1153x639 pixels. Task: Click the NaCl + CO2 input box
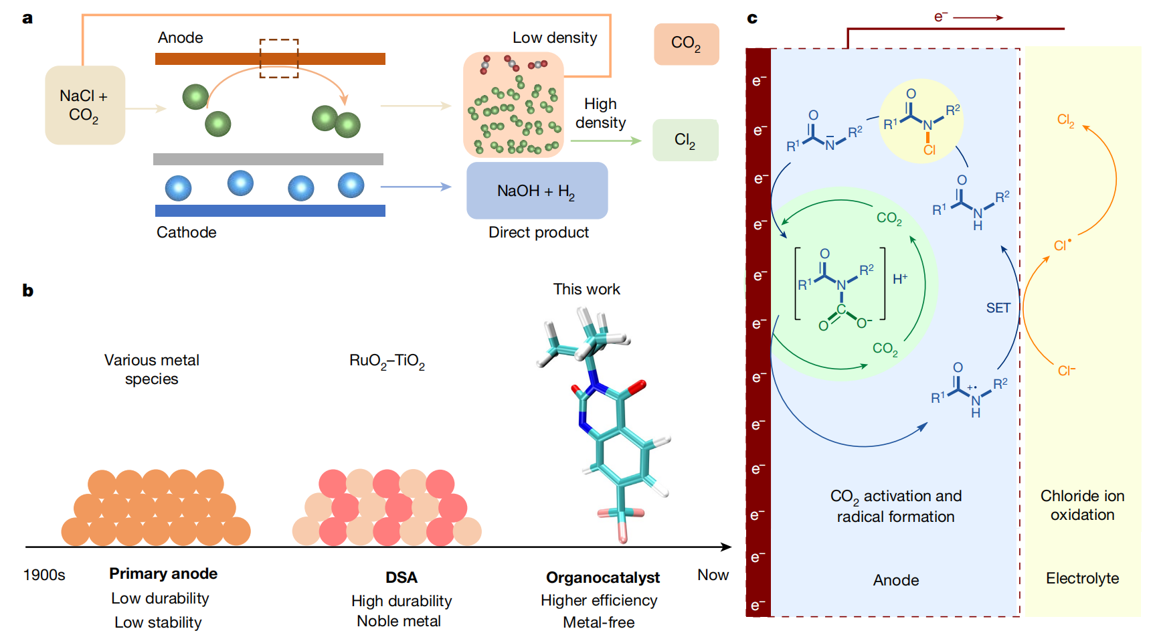pyautogui.click(x=85, y=105)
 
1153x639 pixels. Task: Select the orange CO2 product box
pyautogui.click(x=687, y=44)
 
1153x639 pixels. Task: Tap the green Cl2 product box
pyautogui.click(x=685, y=140)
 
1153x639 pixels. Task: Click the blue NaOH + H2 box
pyautogui.click(x=537, y=191)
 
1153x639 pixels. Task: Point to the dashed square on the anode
pyautogui.click(x=279, y=58)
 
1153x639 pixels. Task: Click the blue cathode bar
pyautogui.click(x=270, y=211)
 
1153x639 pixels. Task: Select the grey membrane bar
pyautogui.click(x=268, y=159)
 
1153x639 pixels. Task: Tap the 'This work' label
pyautogui.click(x=586, y=289)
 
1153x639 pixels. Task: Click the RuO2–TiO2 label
pyautogui.click(x=387, y=361)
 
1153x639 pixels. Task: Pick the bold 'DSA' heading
pyautogui.click(x=402, y=577)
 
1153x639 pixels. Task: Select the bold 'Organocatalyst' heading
pyautogui.click(x=603, y=577)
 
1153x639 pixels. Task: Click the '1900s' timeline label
pyautogui.click(x=44, y=575)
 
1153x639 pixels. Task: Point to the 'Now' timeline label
pyautogui.click(x=713, y=575)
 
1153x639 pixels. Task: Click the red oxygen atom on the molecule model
pyautogui.click(x=638, y=386)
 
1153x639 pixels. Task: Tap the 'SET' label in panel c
pyautogui.click(x=998, y=308)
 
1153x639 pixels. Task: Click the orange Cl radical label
pyautogui.click(x=1062, y=245)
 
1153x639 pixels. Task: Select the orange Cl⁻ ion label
pyautogui.click(x=1067, y=370)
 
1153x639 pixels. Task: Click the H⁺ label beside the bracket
pyautogui.click(x=900, y=278)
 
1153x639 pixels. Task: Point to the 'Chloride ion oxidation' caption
pyautogui.click(x=1082, y=505)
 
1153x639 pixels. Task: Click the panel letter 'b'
pyautogui.click(x=27, y=290)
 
